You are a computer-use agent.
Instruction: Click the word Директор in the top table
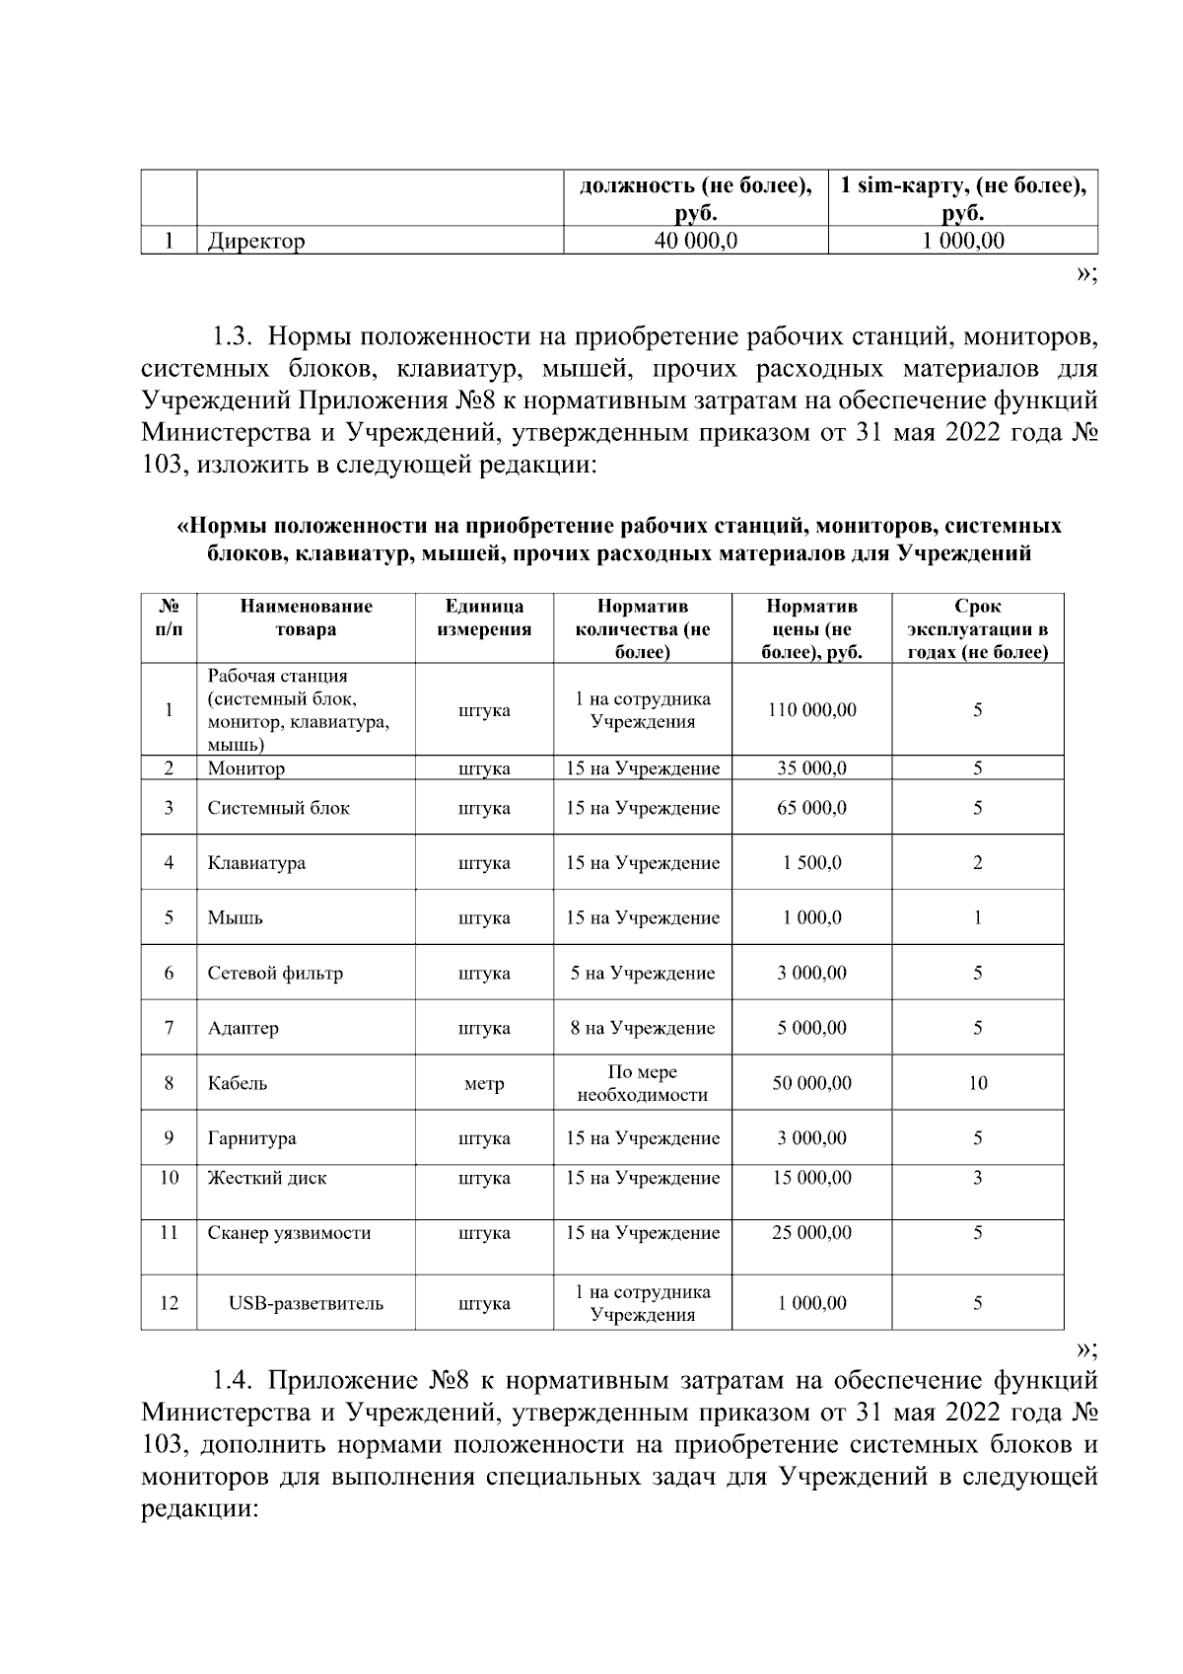(x=256, y=241)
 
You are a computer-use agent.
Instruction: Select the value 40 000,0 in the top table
(x=696, y=240)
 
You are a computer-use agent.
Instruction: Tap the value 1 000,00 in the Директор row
(x=963, y=240)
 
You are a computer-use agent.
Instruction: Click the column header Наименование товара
(x=306, y=618)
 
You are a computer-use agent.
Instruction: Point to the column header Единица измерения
(x=483, y=618)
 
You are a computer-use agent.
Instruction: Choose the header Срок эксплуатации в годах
(x=977, y=628)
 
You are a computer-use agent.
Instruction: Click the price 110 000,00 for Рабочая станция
(x=811, y=709)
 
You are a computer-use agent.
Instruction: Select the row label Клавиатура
(x=256, y=862)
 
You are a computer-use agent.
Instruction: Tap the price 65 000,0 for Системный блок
(x=811, y=808)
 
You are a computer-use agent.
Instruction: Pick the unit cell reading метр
(x=483, y=1083)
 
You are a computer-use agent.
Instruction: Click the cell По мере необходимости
(x=642, y=1083)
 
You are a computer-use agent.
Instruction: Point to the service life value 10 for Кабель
(x=977, y=1083)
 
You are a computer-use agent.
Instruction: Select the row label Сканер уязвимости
(x=289, y=1232)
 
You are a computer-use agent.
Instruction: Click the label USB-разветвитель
(x=306, y=1303)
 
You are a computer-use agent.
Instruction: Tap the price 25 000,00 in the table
(x=811, y=1232)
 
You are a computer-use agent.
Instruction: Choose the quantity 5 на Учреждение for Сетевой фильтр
(x=642, y=973)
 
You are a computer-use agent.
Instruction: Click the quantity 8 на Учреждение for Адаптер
(x=642, y=1028)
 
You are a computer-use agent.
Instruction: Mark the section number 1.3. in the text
(x=235, y=338)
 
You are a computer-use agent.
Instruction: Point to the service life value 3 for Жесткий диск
(x=977, y=1178)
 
